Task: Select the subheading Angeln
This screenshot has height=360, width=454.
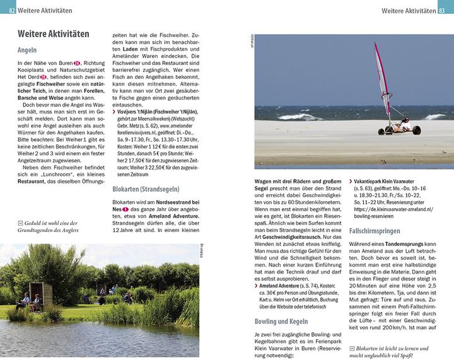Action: click(27, 50)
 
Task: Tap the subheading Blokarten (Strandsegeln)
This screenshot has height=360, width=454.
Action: click(146, 188)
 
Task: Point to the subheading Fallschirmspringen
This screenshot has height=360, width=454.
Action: click(380, 231)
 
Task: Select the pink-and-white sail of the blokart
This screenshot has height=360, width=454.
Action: click(382, 79)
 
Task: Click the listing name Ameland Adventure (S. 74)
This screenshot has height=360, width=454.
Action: click(282, 285)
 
